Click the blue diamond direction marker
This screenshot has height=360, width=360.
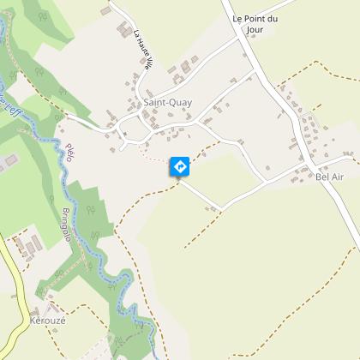pos(180,166)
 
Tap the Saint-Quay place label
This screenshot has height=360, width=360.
pos(168,103)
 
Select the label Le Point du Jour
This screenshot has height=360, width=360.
pos(249,23)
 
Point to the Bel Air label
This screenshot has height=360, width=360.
pos(329,177)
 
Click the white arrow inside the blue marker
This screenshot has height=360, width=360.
pos(180,166)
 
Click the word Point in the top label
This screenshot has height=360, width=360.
pos(249,18)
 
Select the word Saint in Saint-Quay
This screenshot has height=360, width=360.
pos(155,103)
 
